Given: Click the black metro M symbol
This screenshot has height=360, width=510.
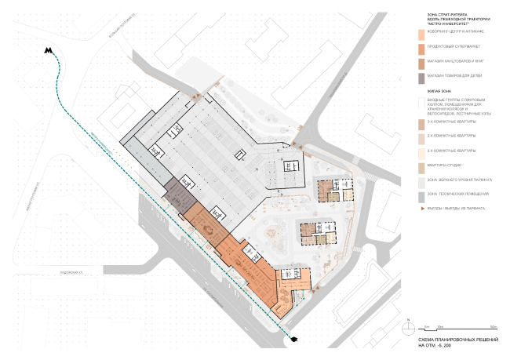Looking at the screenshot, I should (x=49, y=50).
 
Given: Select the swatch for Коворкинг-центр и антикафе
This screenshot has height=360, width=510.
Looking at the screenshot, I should (x=421, y=34).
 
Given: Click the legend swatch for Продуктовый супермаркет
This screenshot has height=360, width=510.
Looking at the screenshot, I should (x=421, y=48).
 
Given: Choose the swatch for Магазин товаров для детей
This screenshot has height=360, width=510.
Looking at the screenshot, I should (x=421, y=77).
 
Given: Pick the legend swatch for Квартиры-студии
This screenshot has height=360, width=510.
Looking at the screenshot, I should (x=421, y=165).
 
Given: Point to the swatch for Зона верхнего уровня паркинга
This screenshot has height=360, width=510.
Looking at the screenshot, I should (x=421, y=180).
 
